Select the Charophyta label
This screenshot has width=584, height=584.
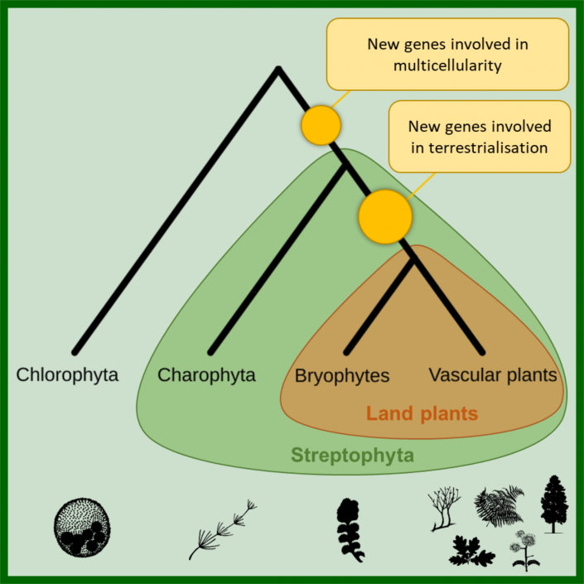pyautogui.click(x=206, y=375)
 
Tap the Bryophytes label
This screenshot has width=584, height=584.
pyautogui.click(x=342, y=376)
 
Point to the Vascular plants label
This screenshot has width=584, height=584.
pyautogui.click(x=493, y=375)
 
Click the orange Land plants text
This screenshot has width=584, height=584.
pyautogui.click(x=422, y=413)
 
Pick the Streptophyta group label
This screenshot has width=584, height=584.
pyautogui.click(x=352, y=456)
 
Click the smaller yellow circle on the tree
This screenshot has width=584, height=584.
pyautogui.click(x=321, y=125)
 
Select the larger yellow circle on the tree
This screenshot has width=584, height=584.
pyautogui.click(x=385, y=215)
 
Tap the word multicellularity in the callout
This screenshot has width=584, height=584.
pyautogui.click(x=447, y=65)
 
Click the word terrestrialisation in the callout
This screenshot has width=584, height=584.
pyautogui.click(x=479, y=148)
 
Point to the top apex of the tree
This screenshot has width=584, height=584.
pyautogui.click(x=278, y=69)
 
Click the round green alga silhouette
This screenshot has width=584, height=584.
pyautogui.click(x=81, y=525)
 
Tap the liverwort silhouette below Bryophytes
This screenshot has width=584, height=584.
pyautogui.click(x=350, y=530)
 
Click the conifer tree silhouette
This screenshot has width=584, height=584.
pyautogui.click(x=553, y=504)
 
